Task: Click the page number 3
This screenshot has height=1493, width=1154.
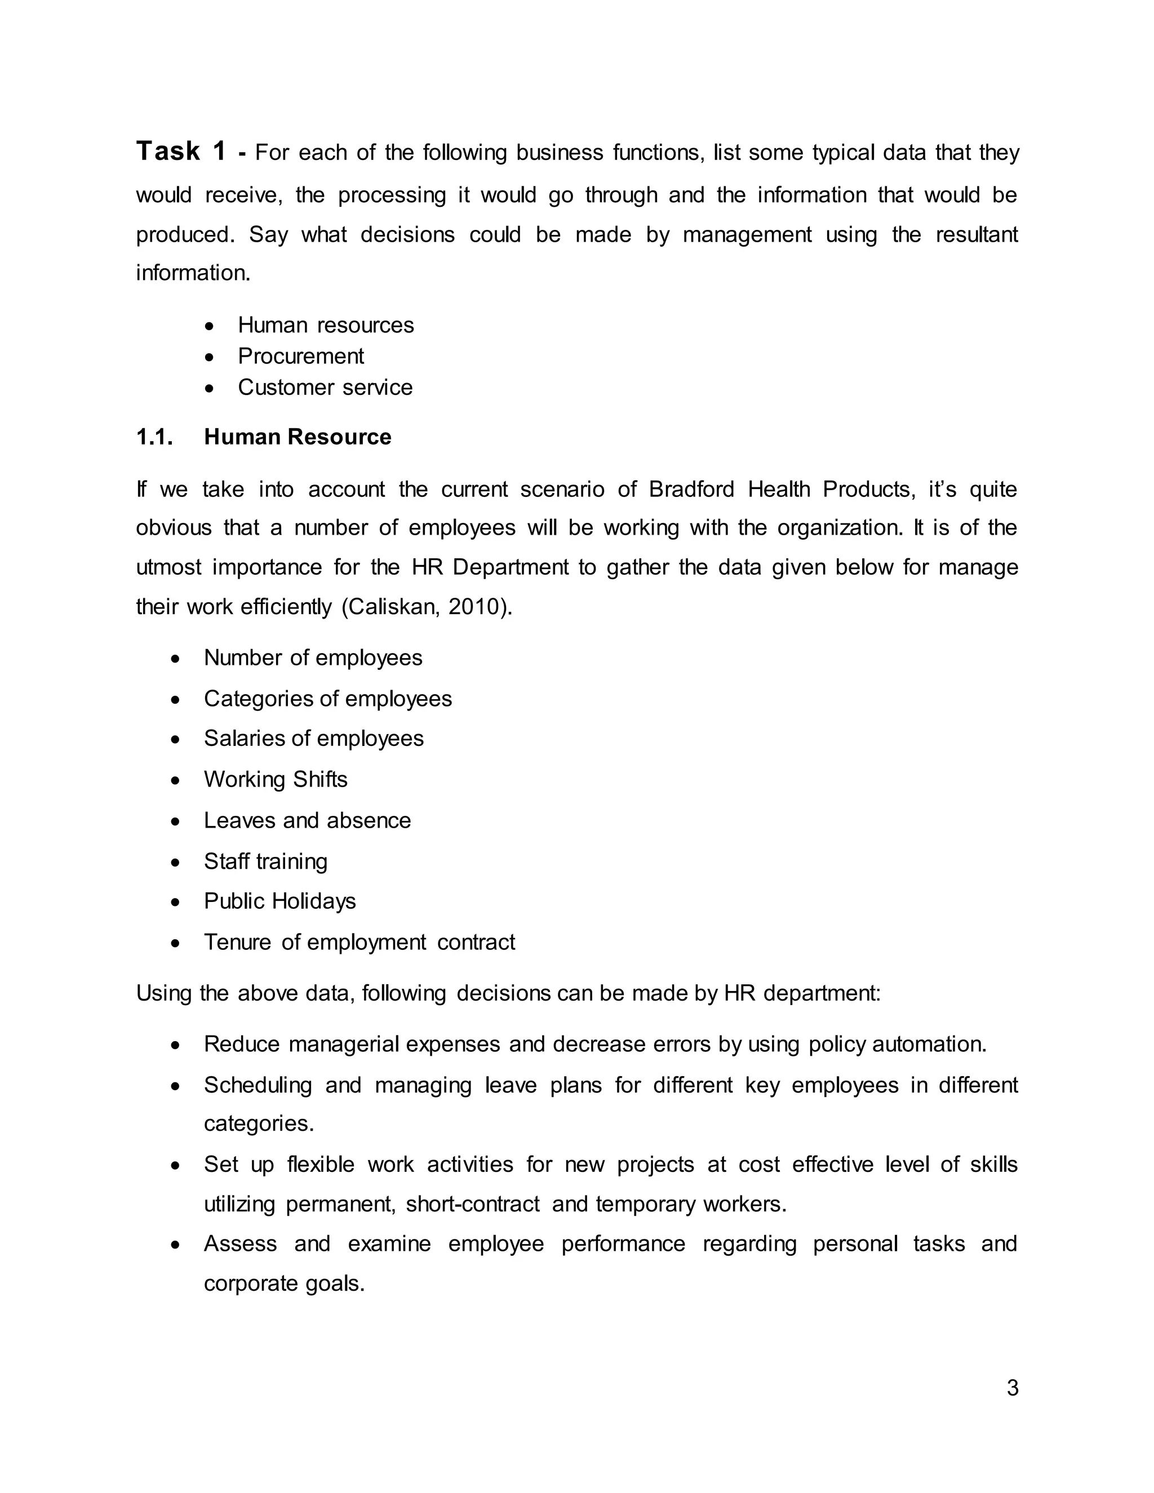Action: coord(1013,1388)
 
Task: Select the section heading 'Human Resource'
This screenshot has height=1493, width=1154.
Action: coord(298,437)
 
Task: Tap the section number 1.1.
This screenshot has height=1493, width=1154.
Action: coord(154,437)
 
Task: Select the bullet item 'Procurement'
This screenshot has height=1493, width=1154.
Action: coord(301,356)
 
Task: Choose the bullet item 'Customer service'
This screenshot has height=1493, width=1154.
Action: coord(325,388)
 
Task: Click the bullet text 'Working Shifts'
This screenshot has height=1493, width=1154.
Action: coord(276,779)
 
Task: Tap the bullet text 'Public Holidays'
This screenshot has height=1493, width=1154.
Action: coord(279,901)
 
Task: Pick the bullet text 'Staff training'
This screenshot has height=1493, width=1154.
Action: coord(265,861)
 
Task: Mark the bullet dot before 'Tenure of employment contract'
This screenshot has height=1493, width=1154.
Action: coord(176,943)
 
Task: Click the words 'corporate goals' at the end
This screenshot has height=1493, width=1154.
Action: coord(284,1283)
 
